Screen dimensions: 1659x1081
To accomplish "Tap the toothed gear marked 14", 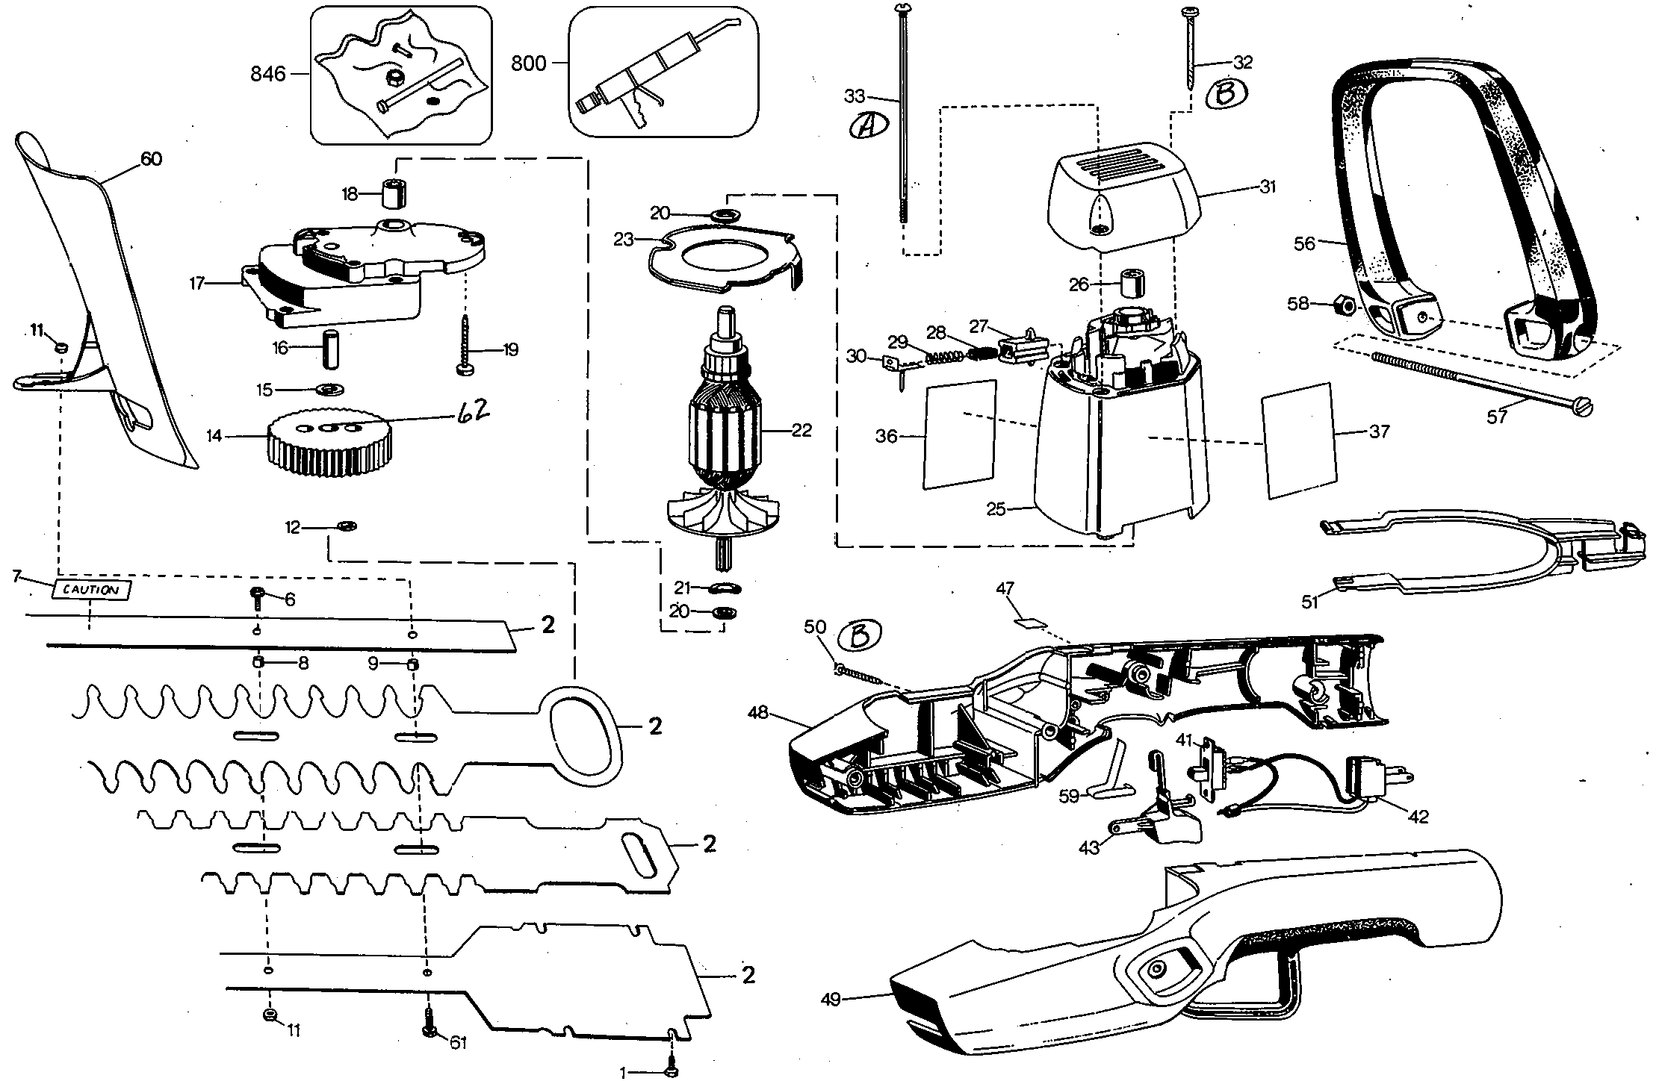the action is point(329,446).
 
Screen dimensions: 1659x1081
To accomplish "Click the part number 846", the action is point(269,74).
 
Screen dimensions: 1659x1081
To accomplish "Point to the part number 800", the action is point(529,63).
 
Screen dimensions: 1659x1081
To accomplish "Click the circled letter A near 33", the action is point(868,126).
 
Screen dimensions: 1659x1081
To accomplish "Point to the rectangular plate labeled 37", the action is point(1297,440).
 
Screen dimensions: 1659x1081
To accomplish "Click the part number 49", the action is point(831,997).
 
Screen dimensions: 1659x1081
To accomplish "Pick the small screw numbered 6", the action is point(257,598).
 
